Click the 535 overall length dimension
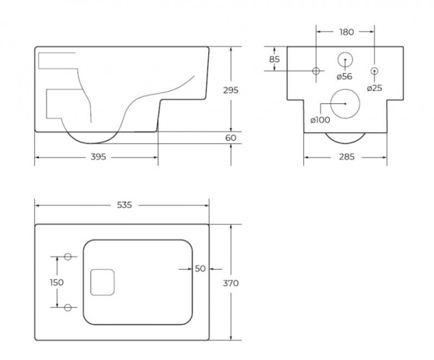pyautogui.click(x=124, y=205)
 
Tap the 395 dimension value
pyautogui.click(x=98, y=157)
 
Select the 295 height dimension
pyautogui.click(x=231, y=90)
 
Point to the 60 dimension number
pyautogui.click(x=231, y=137)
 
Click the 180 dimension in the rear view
pyautogui.click(x=346, y=32)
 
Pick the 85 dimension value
pyautogui.click(x=274, y=59)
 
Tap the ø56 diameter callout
pyautogui.click(x=344, y=77)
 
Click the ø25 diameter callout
pyautogui.click(x=375, y=88)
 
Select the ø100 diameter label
pyautogui.click(x=320, y=120)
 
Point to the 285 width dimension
pyautogui.click(x=346, y=157)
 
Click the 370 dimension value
pyautogui.click(x=231, y=283)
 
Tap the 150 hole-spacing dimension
pyautogui.click(x=56, y=282)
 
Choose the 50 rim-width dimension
pyautogui.click(x=200, y=269)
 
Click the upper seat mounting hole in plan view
pyautogui.click(x=68, y=257)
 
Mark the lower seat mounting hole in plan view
pyautogui.click(x=68, y=307)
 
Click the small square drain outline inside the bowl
pyautogui.click(x=103, y=282)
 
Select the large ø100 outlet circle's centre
pyautogui.click(x=345, y=104)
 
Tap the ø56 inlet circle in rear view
pyautogui.click(x=345, y=59)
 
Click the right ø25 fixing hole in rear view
pyautogui.click(x=375, y=71)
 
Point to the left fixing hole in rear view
pyautogui.click(x=316, y=71)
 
